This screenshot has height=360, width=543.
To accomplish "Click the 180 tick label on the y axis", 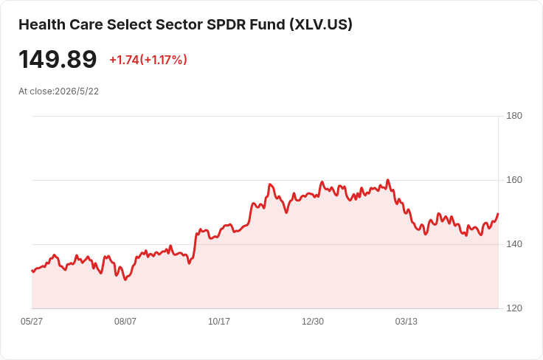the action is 514,116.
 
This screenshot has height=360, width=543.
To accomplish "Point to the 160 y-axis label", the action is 514,180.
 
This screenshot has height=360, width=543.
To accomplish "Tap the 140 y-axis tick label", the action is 514,244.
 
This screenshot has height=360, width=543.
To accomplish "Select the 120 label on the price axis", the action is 514,308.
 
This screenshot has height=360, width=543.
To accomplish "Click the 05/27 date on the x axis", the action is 32,322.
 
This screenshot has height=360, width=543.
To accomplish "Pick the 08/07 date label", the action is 125,322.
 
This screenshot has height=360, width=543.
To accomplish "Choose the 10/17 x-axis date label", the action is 219,322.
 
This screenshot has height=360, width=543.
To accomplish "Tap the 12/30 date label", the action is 313,322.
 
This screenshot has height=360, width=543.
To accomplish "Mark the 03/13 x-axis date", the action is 407,322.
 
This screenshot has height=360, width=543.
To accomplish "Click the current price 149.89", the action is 58,60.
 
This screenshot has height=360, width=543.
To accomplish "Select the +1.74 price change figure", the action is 125,60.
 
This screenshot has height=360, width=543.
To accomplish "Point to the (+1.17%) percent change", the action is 164,60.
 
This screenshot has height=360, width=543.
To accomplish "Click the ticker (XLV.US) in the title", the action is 321,24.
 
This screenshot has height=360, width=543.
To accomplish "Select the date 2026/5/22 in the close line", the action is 77,91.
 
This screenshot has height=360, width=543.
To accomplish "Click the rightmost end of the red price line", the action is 498,214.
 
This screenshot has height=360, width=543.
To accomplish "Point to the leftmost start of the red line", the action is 32,271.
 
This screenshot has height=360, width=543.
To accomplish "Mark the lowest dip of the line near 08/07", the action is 125,280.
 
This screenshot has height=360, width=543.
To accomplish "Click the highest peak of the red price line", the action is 388,180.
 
